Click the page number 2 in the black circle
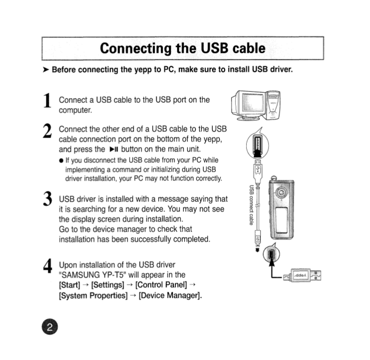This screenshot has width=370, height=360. point(49,327)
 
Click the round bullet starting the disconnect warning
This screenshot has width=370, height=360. point(61,160)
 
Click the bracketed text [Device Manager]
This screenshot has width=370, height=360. point(170,295)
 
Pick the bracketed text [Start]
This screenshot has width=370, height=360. point(71,285)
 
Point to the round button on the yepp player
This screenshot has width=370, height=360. point(283,192)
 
